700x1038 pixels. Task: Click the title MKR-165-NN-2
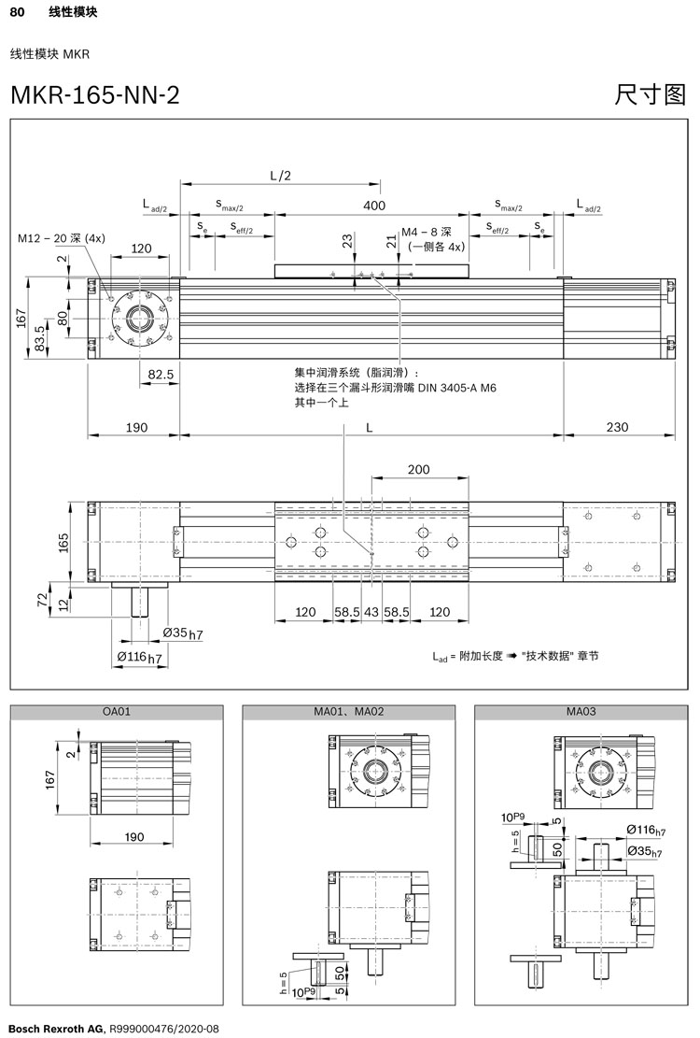pos(94,94)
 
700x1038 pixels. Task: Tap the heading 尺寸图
pos(651,94)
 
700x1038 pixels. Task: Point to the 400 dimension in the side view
pos(373,206)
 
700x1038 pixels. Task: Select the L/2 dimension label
pos(280,175)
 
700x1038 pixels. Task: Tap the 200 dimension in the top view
pos(419,469)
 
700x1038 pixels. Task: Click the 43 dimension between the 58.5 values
pos(371,612)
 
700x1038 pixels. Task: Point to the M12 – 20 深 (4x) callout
pos(62,238)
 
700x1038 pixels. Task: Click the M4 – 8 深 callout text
pos(427,232)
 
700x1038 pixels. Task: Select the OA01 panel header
pos(117,712)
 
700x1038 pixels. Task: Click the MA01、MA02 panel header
pos(349,712)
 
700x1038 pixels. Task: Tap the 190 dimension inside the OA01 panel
pos(134,837)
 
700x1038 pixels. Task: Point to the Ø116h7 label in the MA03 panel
pos(645,831)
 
